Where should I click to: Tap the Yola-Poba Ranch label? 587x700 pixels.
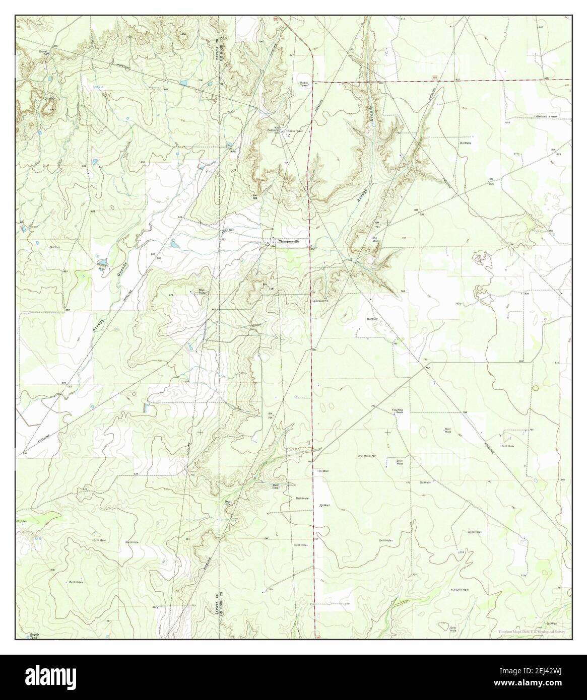pyautogui.click(x=398, y=411)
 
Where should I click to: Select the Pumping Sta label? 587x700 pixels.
pyautogui.click(x=274, y=132)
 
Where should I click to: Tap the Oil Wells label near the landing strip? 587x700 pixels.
pyautogui.click(x=465, y=143)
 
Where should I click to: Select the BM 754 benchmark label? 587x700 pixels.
pyautogui.click(x=270, y=415)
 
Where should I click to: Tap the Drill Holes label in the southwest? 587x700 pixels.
pyautogui.click(x=76, y=582)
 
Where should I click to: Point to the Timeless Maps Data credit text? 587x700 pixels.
pyautogui.click(x=532, y=632)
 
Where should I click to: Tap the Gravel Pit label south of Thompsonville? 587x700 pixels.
pyautogui.click(x=321, y=301)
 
